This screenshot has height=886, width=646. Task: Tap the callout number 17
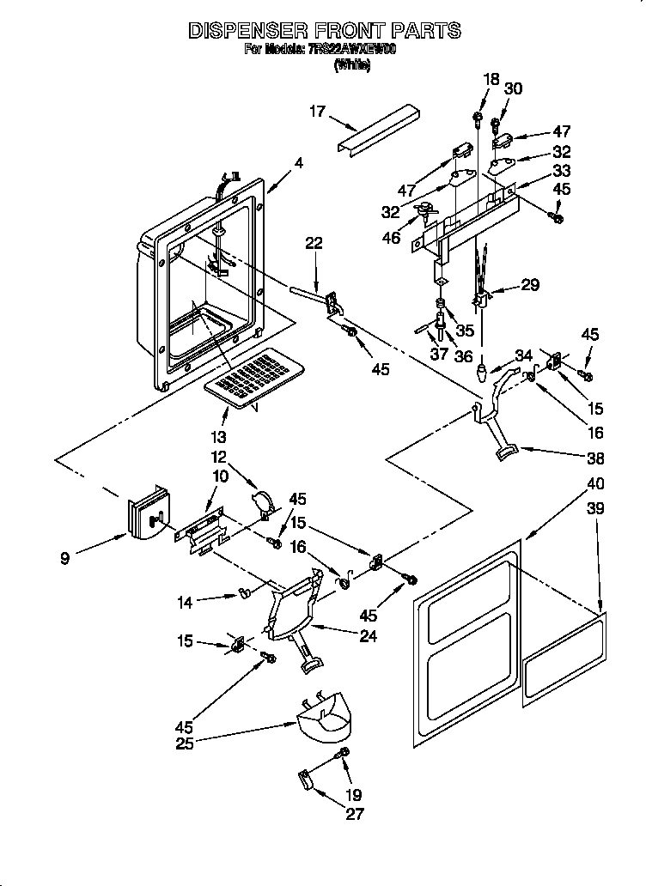coord(318,110)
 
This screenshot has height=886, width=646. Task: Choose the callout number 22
coord(314,244)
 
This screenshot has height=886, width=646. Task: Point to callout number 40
coord(571,484)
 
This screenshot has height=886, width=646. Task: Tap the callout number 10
coord(222,476)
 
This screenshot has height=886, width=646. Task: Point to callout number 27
coord(354,815)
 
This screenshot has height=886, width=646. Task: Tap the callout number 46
coord(391,237)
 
